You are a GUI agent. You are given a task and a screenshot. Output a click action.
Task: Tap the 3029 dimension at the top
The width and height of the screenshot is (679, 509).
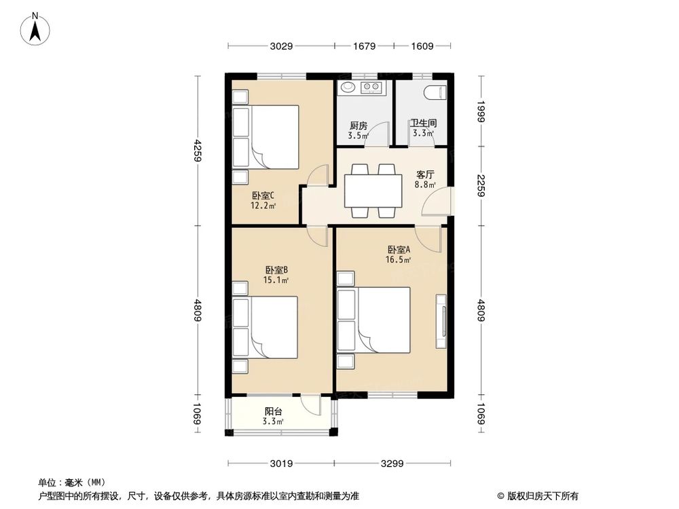(x=280, y=46)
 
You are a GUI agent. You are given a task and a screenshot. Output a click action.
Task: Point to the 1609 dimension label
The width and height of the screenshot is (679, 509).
(x=422, y=46)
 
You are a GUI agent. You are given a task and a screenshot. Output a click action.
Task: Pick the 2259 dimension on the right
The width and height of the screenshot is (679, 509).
(x=481, y=185)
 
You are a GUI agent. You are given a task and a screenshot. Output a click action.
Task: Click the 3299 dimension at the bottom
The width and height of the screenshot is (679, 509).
(x=392, y=464)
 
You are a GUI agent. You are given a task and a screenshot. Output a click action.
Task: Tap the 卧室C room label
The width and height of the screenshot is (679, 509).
(x=262, y=196)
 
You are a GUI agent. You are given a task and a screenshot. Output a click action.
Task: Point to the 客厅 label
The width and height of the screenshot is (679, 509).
(x=425, y=173)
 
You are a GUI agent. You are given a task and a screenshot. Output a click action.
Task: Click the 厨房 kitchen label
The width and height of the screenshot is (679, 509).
(x=358, y=126)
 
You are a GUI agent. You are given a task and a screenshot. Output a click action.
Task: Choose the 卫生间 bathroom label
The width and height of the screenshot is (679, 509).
(x=422, y=124)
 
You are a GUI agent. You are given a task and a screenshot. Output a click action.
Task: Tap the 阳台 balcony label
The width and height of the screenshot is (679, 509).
(x=274, y=412)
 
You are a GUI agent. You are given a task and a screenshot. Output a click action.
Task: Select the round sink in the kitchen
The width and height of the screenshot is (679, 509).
(x=348, y=87)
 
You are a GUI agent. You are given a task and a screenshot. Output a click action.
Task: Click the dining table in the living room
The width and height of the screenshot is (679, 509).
(x=372, y=191)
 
